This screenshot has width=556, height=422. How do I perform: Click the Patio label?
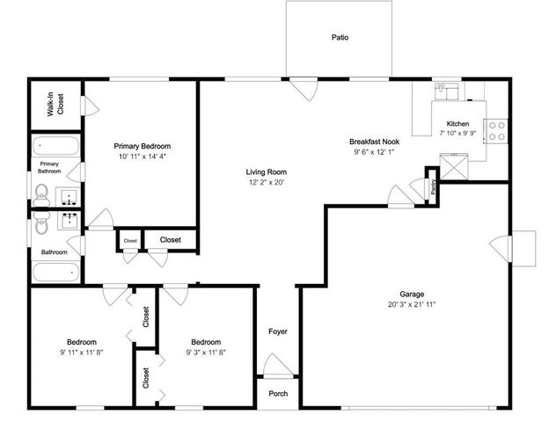[339, 38]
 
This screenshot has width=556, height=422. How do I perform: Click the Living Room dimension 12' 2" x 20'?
[266, 183]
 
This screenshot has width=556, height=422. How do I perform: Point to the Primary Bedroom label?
[142, 146]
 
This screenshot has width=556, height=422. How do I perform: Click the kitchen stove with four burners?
[498, 130]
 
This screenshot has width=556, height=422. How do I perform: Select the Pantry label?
[434, 187]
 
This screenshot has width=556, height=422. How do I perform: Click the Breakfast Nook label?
[375, 141]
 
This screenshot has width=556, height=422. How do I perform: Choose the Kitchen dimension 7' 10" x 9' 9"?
[457, 135]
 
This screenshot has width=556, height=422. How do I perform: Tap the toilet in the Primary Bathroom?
[41, 192]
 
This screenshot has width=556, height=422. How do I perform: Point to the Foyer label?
[278, 331]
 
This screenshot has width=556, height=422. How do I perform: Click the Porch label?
[278, 393]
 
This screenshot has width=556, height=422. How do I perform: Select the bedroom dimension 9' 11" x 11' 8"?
[80, 353]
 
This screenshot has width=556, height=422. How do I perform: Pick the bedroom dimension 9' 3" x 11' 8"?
[205, 353]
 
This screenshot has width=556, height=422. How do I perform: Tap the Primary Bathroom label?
[49, 168]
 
